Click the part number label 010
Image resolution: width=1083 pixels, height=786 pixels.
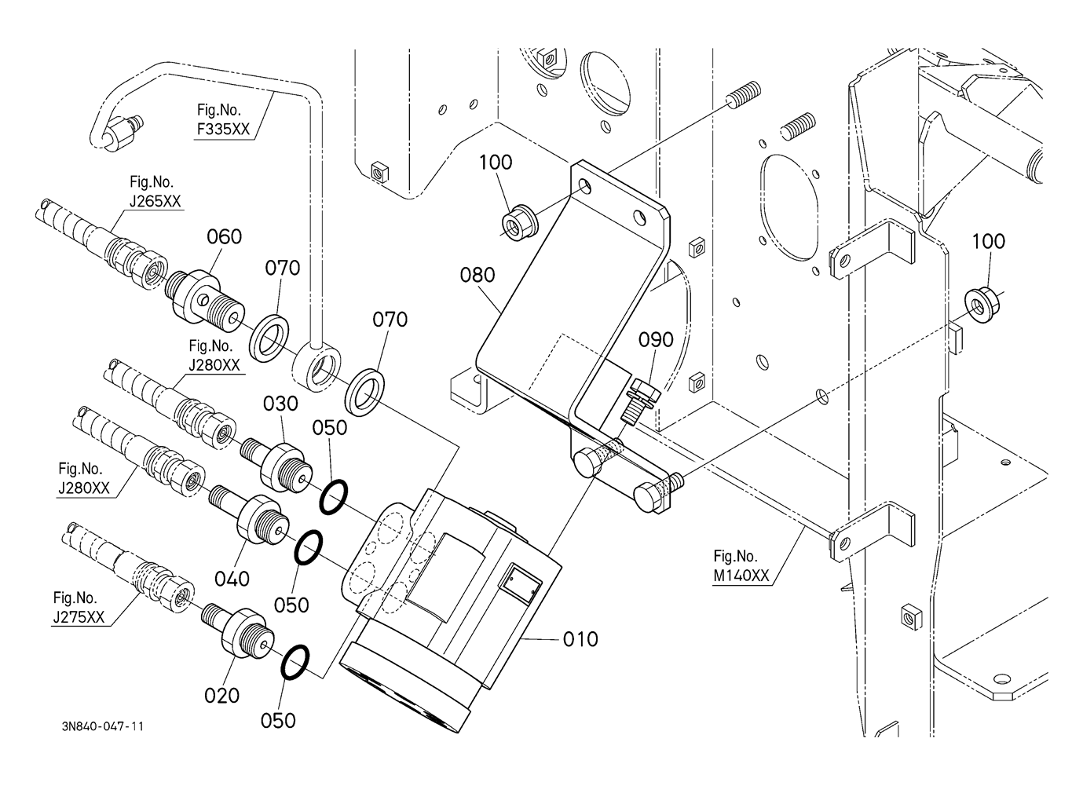[580, 639]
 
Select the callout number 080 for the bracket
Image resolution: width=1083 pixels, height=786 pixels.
[477, 275]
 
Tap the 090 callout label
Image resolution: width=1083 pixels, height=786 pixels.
[655, 339]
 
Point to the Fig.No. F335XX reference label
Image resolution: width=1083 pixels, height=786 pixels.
[223, 119]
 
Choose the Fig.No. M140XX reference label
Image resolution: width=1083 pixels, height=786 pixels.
[741, 566]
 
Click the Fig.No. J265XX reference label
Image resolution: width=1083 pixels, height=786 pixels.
[155, 192]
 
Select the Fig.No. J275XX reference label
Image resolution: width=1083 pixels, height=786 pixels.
[79, 607]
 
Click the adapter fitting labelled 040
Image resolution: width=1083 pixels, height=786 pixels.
[256, 518]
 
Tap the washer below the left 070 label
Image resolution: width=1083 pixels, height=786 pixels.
[271, 338]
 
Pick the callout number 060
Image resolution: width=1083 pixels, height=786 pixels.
[224, 236]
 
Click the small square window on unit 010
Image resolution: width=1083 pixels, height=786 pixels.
[519, 581]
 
